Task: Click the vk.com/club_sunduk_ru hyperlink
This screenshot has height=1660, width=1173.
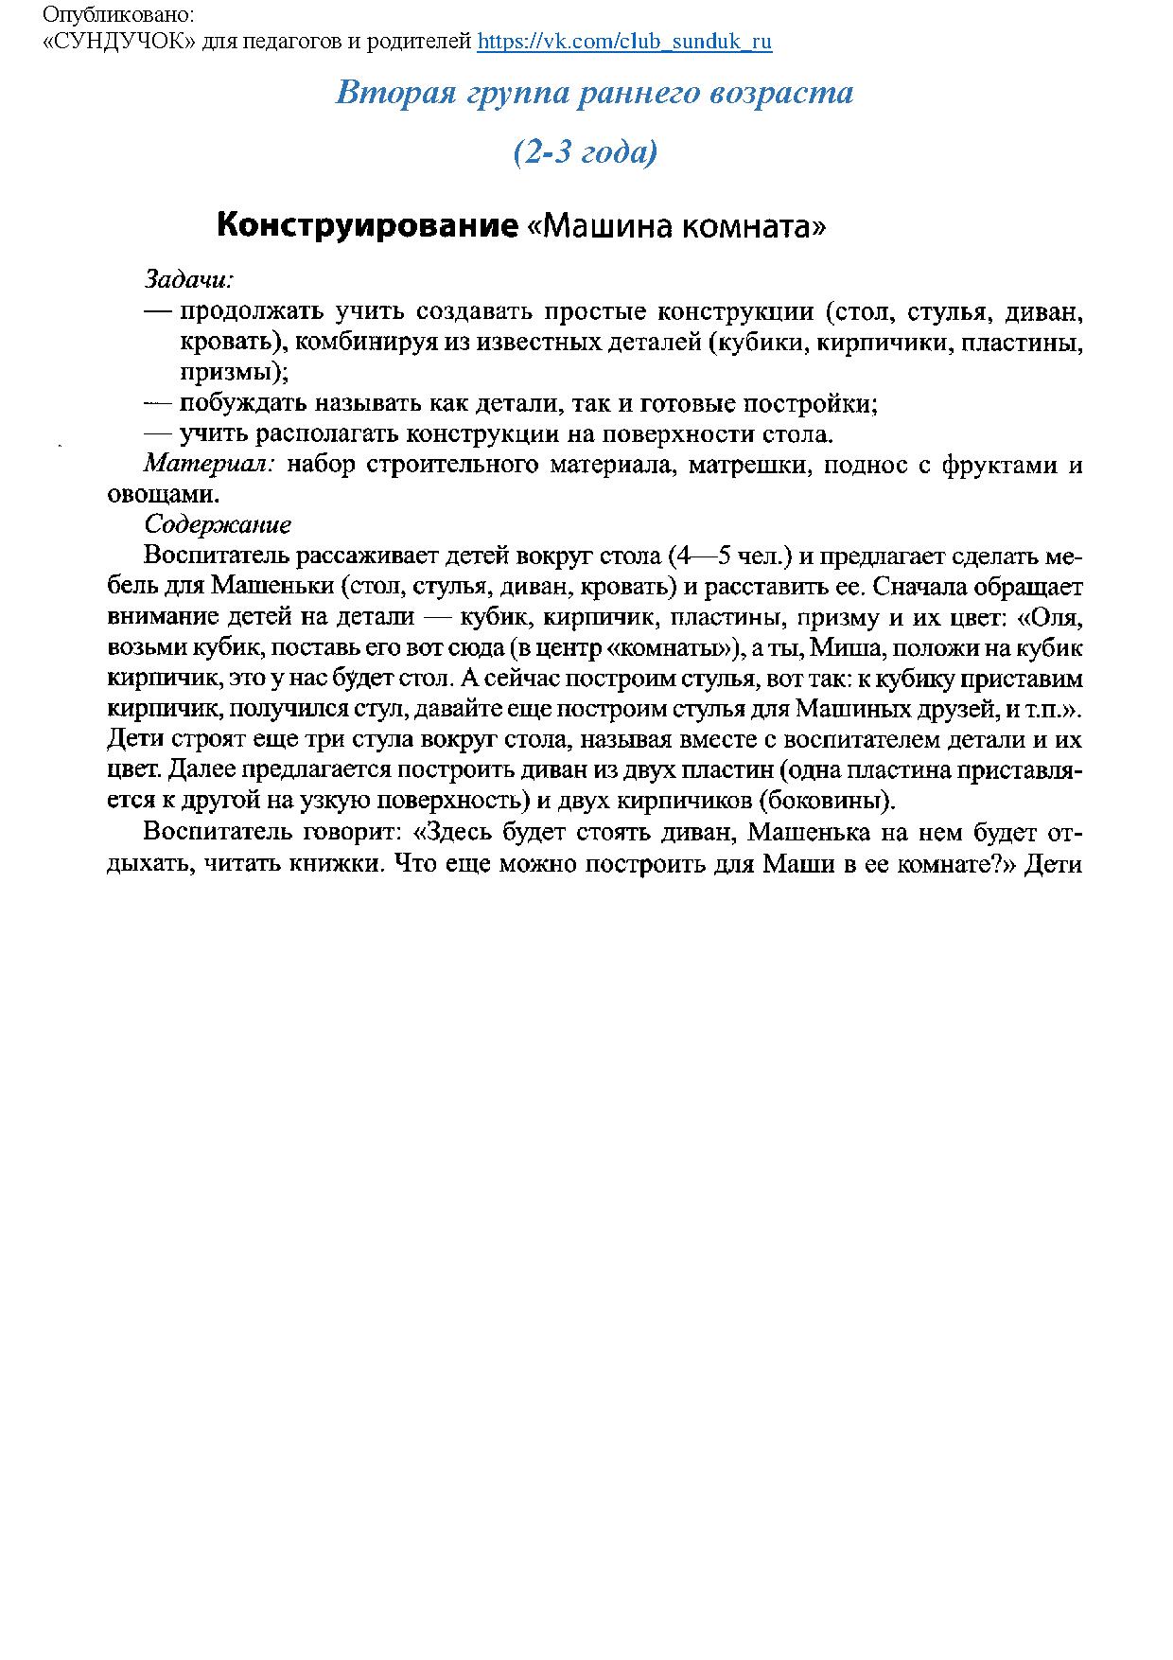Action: pyautogui.click(x=624, y=42)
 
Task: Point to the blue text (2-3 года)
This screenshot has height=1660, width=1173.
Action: pyautogui.click(x=586, y=151)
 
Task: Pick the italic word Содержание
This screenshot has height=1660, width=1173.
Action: pyautogui.click(x=218, y=524)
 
